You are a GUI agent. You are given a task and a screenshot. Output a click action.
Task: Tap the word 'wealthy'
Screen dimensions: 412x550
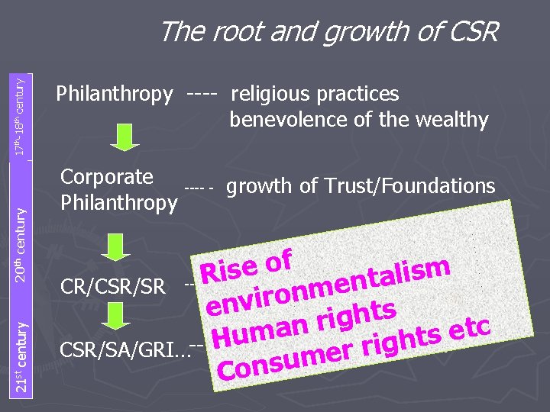(x=451, y=120)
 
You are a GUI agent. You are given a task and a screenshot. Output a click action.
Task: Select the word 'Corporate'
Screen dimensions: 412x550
(x=106, y=177)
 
